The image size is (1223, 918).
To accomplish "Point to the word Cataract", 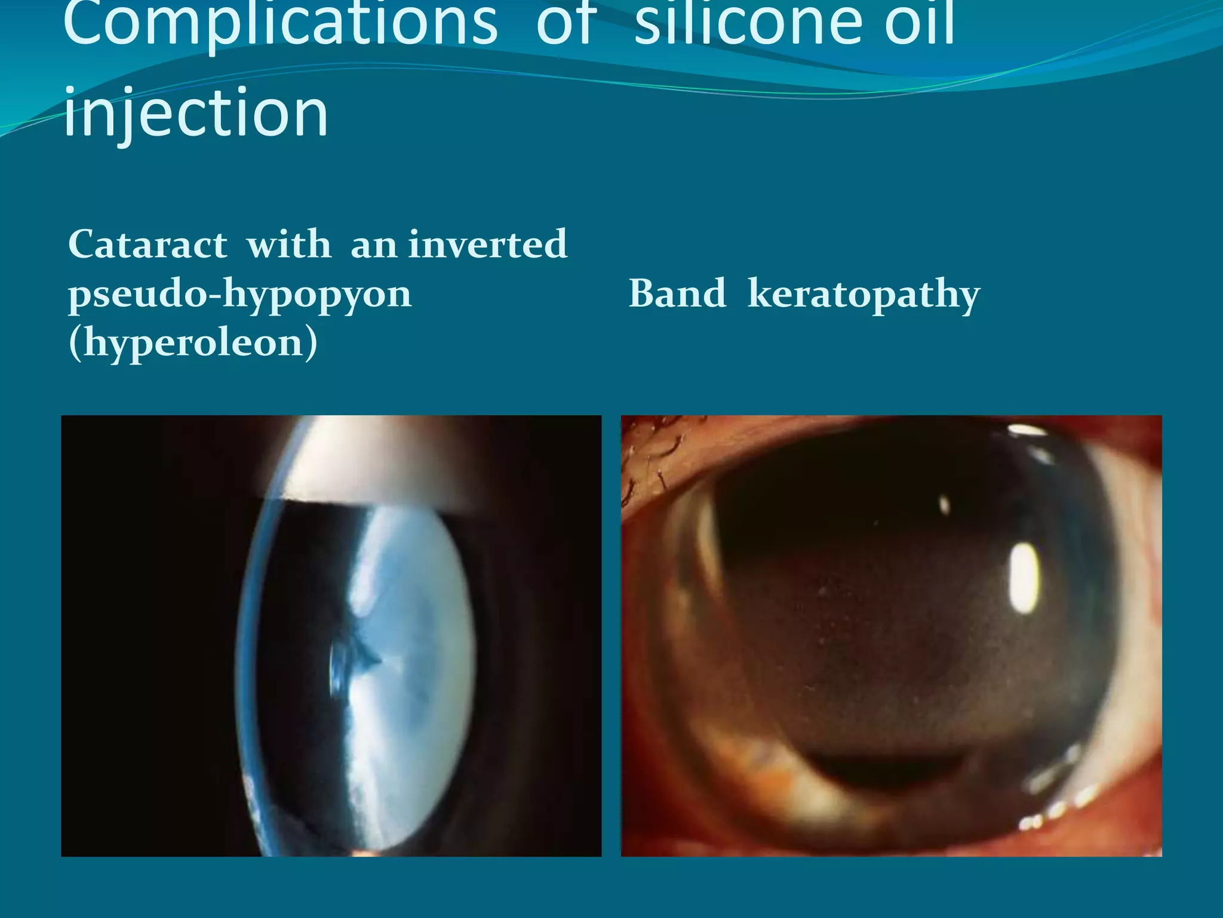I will tap(148, 244).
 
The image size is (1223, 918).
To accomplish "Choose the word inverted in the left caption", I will tap(487, 244).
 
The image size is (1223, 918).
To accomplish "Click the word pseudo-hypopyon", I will tap(240, 294).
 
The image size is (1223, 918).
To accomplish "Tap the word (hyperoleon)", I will tap(193, 343).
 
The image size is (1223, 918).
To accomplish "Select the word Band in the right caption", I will tap(677, 294).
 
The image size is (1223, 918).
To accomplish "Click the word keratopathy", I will tap(864, 294).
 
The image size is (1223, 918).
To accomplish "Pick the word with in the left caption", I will tap(289, 244).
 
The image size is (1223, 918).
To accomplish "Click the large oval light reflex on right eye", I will tap(1025, 579).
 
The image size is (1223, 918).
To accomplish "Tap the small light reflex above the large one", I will tap(945, 505).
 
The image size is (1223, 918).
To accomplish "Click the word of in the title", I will tap(566, 24).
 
